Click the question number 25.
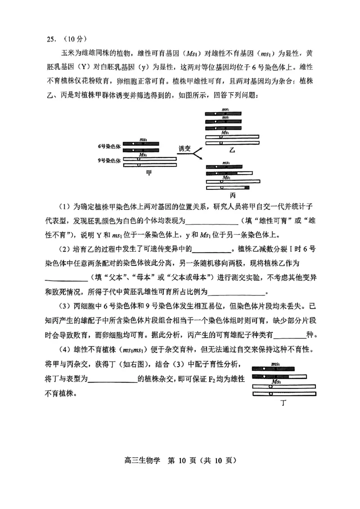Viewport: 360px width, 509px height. tap(51, 39)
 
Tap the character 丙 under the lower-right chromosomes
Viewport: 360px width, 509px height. tap(233, 195)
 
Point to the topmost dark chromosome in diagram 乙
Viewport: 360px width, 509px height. tap(224, 114)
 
